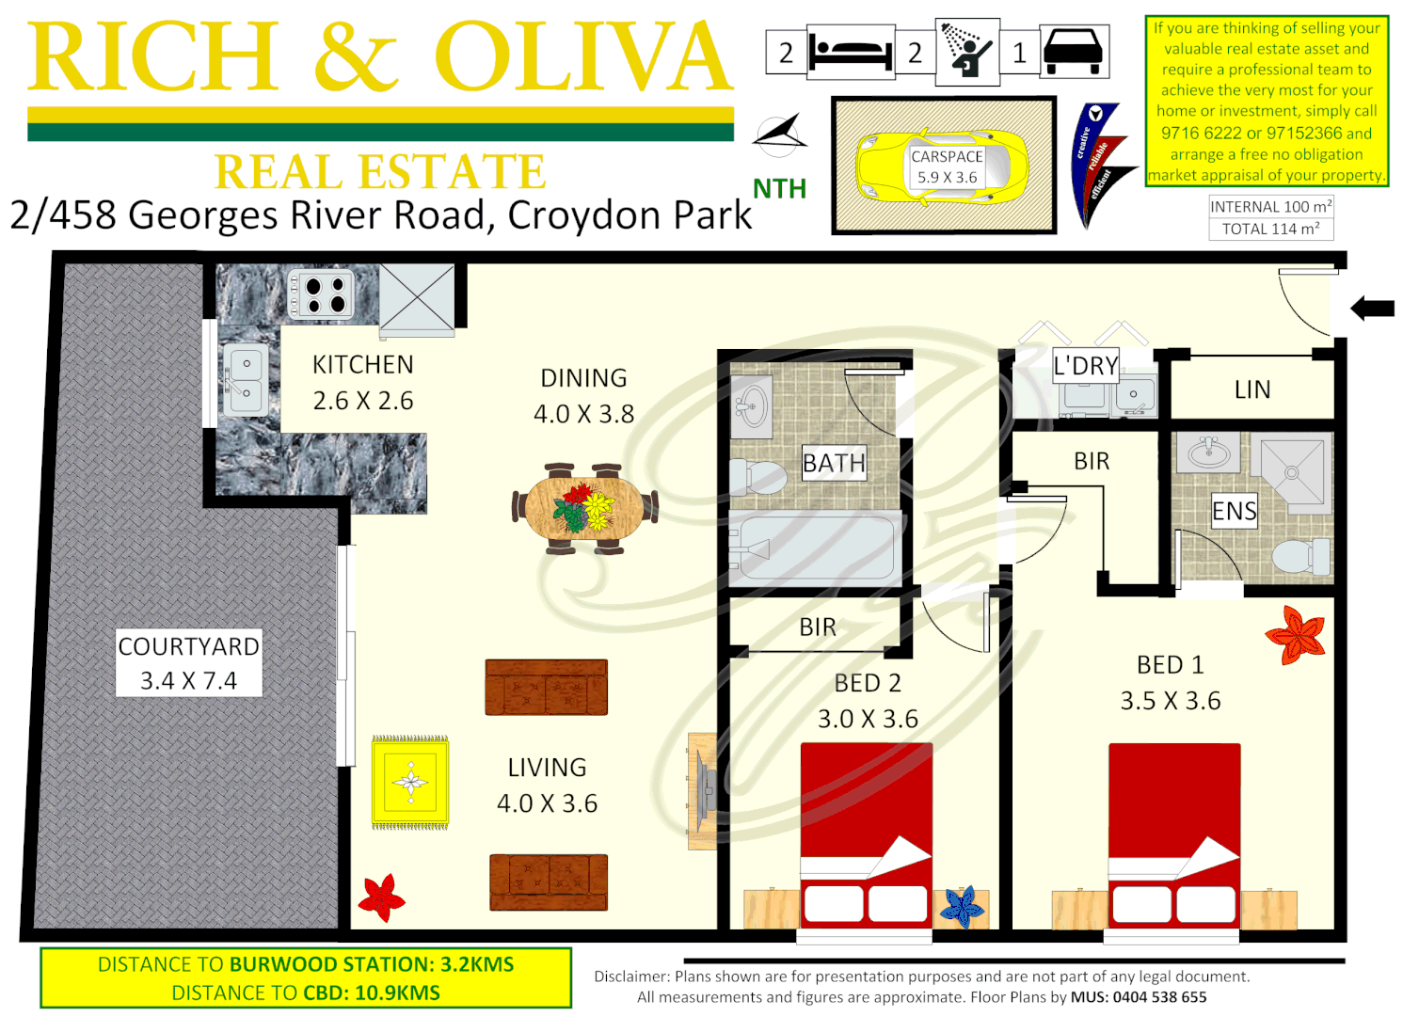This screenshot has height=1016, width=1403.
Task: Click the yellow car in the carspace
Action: click(941, 167)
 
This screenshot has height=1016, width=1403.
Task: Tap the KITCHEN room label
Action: click(362, 365)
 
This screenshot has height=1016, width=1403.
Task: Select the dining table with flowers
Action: click(584, 508)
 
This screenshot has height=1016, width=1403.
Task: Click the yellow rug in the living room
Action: click(410, 781)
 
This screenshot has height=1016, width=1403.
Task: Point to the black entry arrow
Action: click(1372, 308)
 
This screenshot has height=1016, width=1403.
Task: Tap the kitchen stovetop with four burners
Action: click(321, 294)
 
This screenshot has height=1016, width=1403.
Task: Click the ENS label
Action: click(1234, 511)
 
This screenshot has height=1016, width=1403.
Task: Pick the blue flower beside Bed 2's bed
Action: click(962, 907)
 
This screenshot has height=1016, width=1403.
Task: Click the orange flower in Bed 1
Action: click(1296, 634)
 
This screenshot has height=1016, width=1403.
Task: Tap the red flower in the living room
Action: click(381, 897)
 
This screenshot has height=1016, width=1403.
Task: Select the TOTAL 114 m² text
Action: click(1270, 229)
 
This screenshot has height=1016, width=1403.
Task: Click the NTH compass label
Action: click(779, 189)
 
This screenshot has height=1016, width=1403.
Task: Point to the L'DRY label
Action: click(1085, 366)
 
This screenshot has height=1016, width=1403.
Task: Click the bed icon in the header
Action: click(850, 53)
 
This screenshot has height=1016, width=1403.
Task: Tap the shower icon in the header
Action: click(966, 52)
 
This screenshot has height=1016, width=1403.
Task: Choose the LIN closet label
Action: click(1252, 389)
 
